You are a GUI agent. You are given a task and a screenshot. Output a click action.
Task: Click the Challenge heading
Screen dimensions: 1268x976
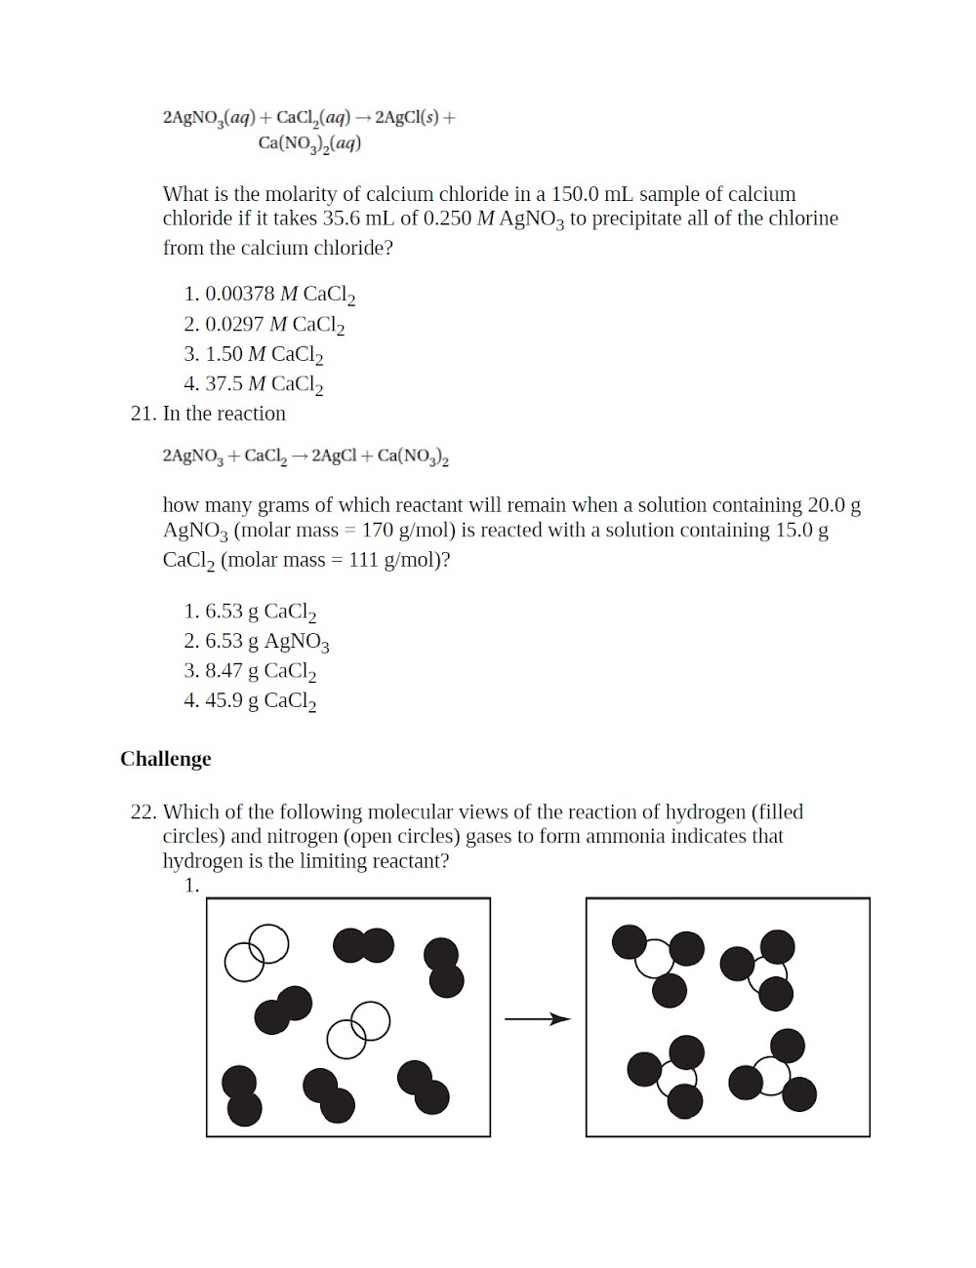pyautogui.click(x=165, y=759)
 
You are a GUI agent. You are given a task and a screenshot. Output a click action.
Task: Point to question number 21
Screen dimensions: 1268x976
pyautogui.click(x=142, y=414)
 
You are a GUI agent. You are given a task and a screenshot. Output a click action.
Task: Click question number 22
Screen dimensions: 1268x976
pyautogui.click(x=142, y=812)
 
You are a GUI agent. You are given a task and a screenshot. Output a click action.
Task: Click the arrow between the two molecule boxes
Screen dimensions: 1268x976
pyautogui.click(x=537, y=1019)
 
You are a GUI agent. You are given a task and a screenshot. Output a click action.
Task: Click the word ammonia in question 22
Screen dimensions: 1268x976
pyautogui.click(x=623, y=837)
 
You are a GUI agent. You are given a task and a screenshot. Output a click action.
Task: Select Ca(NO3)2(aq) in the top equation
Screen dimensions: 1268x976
pyautogui.click(x=309, y=143)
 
